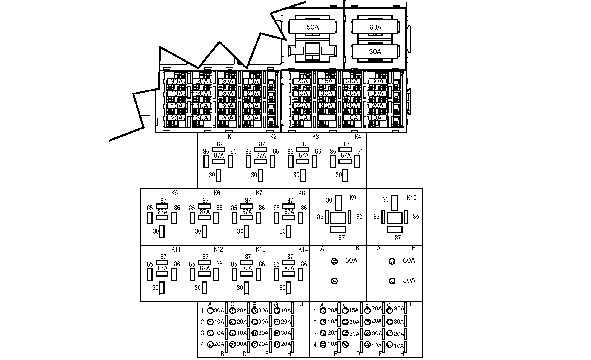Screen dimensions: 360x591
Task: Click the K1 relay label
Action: click(x=231, y=137)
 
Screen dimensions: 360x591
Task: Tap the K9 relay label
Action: click(x=353, y=198)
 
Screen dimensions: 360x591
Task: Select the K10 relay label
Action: click(x=411, y=198)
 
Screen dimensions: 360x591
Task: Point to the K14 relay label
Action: click(x=303, y=249)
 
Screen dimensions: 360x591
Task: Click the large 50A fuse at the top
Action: click(x=312, y=27)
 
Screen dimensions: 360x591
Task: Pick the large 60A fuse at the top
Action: click(x=375, y=27)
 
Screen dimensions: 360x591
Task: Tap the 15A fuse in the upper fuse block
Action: click(x=327, y=81)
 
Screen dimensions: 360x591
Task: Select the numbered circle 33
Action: click(x=334, y=261)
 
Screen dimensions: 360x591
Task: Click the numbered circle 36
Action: click(x=392, y=281)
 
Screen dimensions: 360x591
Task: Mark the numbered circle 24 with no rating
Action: click(x=345, y=344)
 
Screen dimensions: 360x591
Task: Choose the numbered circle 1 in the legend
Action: click(x=210, y=311)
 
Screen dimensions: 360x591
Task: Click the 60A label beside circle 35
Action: click(x=409, y=260)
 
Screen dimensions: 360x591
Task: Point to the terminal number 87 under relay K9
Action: click(x=341, y=238)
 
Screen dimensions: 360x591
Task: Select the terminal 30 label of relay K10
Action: click(x=385, y=200)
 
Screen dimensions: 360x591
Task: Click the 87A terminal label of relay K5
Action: click(x=162, y=212)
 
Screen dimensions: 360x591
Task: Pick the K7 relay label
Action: click(x=259, y=193)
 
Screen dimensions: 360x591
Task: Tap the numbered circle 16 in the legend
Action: click(x=277, y=345)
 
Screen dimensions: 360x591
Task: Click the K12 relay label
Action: click(x=218, y=249)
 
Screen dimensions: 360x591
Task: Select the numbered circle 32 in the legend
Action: click(x=389, y=345)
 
